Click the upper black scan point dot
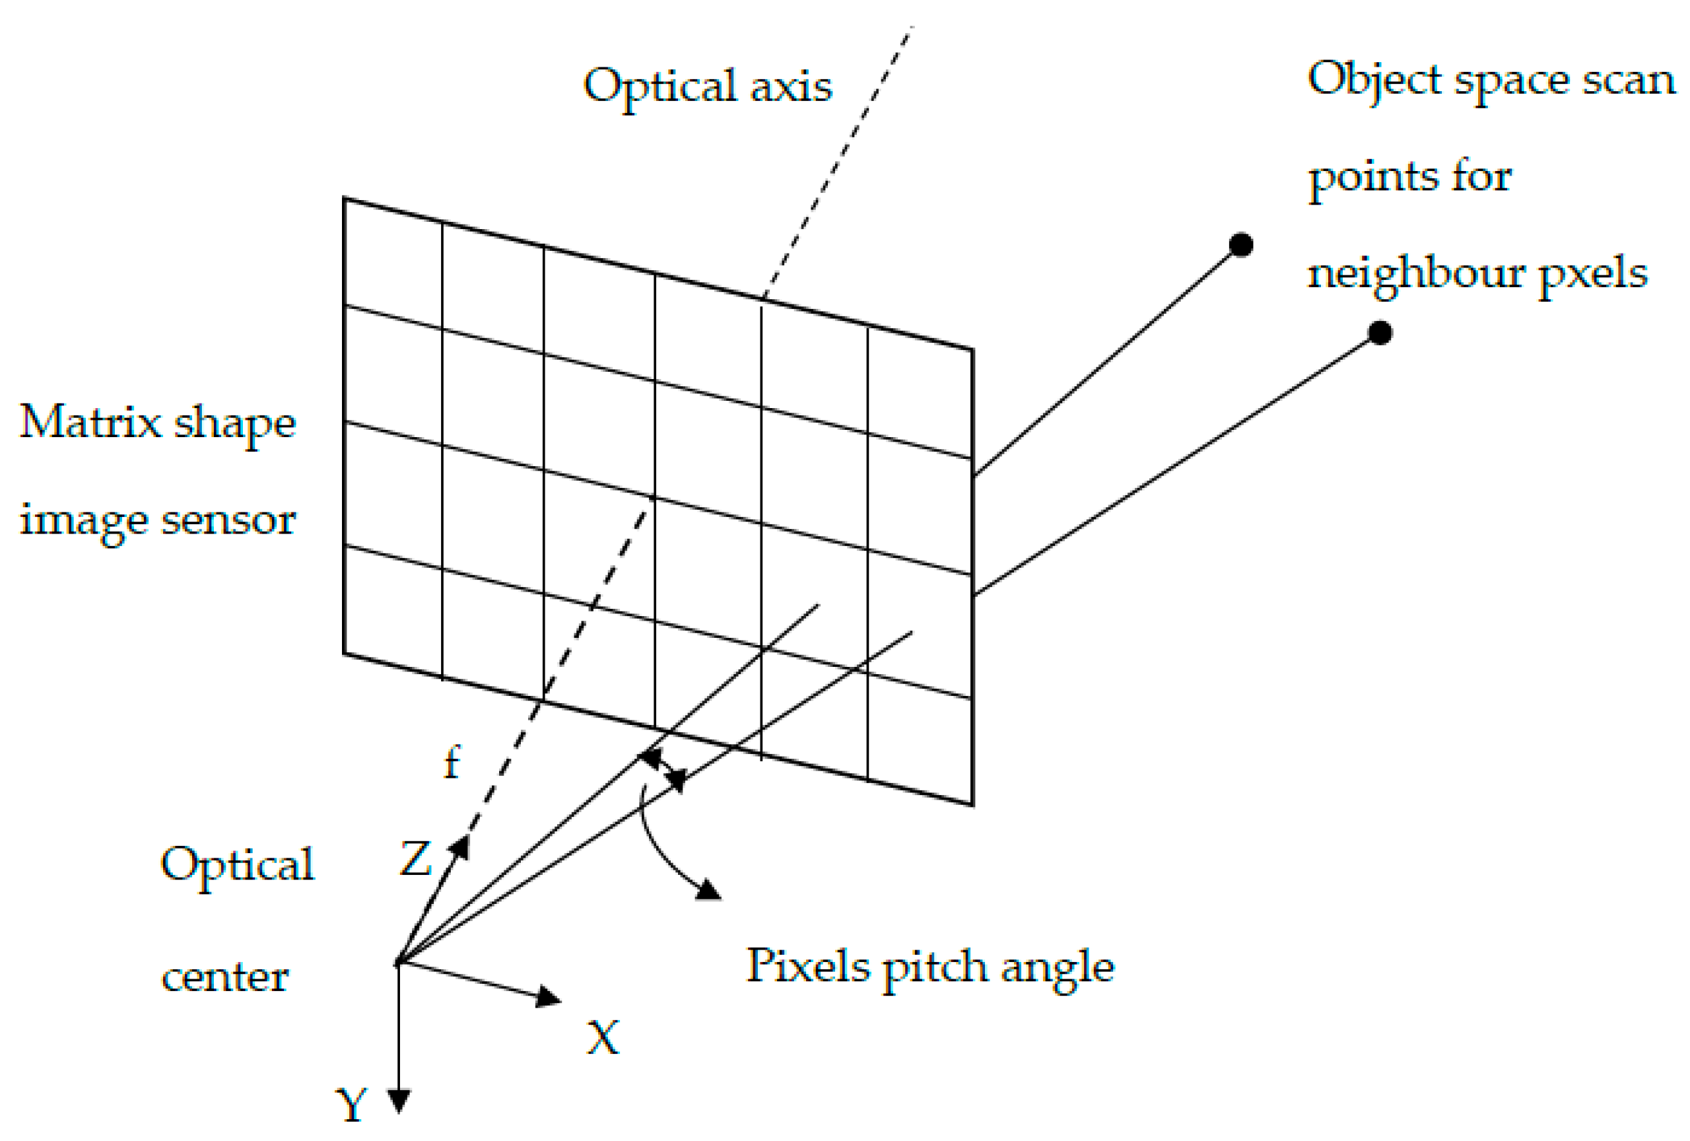coord(1240,245)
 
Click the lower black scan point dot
coord(1380,333)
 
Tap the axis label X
coord(603,1038)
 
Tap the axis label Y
coord(352,1105)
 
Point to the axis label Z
coord(416,859)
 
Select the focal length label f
coord(452,763)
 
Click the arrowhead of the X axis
coord(549,997)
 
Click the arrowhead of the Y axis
coord(399,1100)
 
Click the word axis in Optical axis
coord(790,86)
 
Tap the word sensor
coord(228,519)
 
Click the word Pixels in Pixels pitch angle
coord(808,967)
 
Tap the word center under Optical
coord(224,977)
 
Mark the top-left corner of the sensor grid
coord(344,198)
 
